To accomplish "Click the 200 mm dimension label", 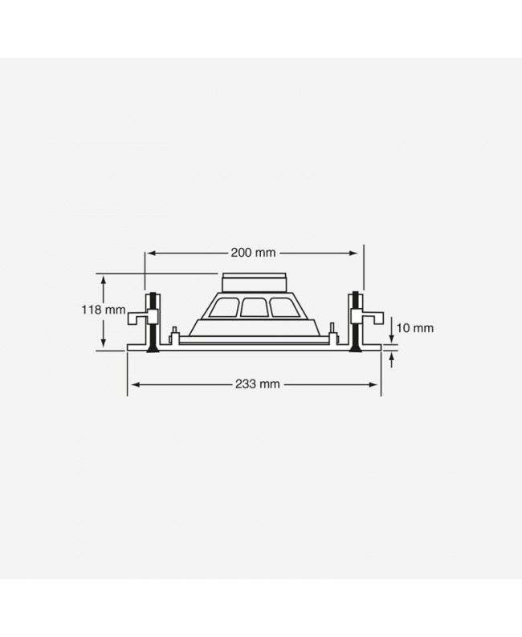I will click(x=254, y=253).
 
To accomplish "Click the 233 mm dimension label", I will click(x=259, y=384).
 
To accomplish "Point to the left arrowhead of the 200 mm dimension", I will click(x=150, y=253).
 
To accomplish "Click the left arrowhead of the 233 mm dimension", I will click(x=132, y=384).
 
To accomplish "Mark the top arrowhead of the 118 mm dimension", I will click(x=103, y=278).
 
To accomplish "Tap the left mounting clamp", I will click(x=145, y=316).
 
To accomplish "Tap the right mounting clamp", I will click(x=361, y=316).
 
